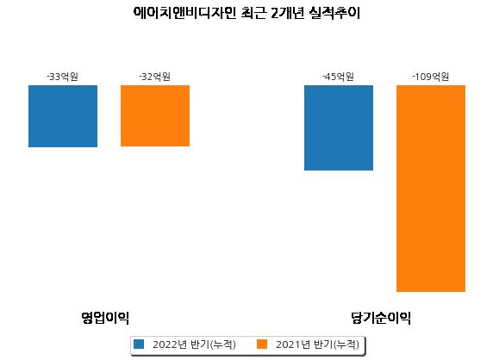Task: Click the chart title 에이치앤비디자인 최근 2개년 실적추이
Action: tap(246, 13)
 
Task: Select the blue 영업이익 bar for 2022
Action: tap(63, 116)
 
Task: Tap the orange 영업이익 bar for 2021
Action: tap(155, 115)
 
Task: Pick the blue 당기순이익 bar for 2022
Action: tap(339, 127)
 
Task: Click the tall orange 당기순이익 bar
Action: tap(431, 189)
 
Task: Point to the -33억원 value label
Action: tap(63, 77)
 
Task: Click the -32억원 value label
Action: tap(154, 77)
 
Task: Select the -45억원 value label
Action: tap(339, 77)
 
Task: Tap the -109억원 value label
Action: tap(430, 77)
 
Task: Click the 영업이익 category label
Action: tap(105, 318)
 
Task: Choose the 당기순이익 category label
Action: tap(381, 318)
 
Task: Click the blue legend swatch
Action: tap(139, 344)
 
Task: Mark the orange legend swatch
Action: tap(262, 344)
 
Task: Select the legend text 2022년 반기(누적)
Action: tap(194, 344)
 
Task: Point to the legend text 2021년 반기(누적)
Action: tap(317, 344)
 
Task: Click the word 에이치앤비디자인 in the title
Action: tap(184, 13)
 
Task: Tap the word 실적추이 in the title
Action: tap(334, 13)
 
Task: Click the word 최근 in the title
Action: tap(253, 13)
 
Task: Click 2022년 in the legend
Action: tap(170, 344)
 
